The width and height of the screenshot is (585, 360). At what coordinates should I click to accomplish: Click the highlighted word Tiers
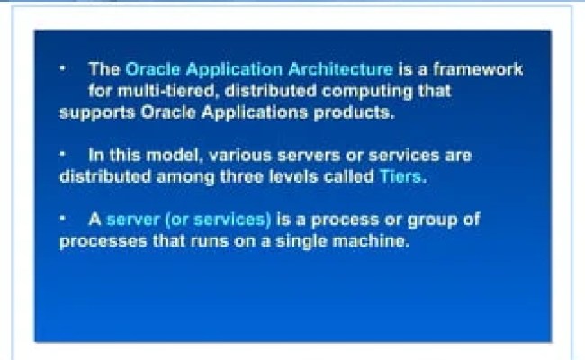(400, 176)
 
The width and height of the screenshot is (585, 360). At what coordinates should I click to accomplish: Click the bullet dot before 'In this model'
(64, 154)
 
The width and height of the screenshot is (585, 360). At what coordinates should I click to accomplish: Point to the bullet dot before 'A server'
(64, 218)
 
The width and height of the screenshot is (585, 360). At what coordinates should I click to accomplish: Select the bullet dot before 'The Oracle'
(64, 67)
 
